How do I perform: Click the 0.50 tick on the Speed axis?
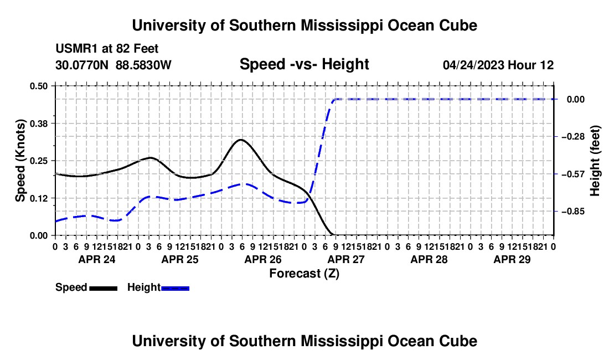click(38, 86)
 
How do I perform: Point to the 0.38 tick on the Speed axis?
click(38, 124)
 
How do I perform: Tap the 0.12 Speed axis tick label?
click(38, 198)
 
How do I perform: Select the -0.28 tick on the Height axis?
click(573, 137)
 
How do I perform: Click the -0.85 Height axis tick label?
click(573, 212)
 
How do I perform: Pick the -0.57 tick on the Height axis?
click(573, 174)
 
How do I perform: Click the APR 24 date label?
click(97, 259)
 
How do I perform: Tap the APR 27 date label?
click(346, 259)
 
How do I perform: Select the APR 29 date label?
click(512, 259)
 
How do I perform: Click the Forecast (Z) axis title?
click(304, 274)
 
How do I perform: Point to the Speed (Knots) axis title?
click(20, 161)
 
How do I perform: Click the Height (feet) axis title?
click(595, 161)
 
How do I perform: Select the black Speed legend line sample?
click(104, 288)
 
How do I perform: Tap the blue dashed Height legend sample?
click(175, 288)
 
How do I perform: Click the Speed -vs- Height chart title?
click(304, 64)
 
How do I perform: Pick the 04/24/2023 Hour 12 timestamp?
click(498, 65)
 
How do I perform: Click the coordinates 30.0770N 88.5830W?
click(113, 65)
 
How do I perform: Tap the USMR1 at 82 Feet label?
click(107, 49)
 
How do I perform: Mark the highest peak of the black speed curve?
click(241, 140)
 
